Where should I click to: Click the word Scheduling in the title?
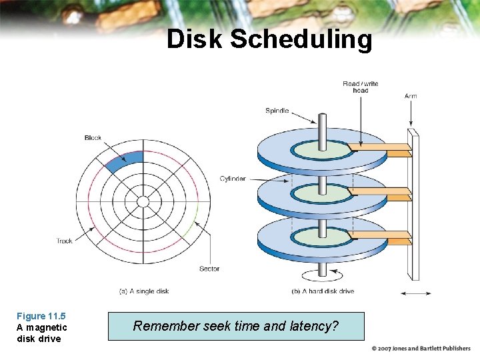[301, 40]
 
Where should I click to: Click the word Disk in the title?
[195, 39]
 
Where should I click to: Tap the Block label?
[93, 138]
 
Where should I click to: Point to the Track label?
[65, 241]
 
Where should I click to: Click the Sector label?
[209, 269]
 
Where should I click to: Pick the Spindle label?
[277, 111]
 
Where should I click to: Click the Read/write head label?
[360, 87]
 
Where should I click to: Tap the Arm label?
[411, 96]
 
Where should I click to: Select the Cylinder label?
[233, 179]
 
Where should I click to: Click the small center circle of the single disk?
[143, 202]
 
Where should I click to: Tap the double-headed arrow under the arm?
[415, 293]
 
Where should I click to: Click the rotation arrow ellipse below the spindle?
[323, 275]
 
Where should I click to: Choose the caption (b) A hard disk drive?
[323, 291]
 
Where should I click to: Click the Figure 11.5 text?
[41, 316]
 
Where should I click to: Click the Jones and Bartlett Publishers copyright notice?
[421, 349]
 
